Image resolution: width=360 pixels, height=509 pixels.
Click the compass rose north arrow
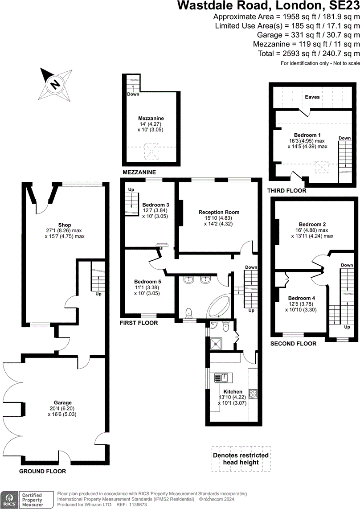click(55, 84)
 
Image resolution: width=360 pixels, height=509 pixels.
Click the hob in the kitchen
click(253, 394)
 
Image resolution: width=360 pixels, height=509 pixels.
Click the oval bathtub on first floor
click(219, 308)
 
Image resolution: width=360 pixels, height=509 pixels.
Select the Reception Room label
click(219, 212)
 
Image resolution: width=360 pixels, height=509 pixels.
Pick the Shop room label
click(65, 225)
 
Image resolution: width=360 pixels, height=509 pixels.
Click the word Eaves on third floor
click(312, 97)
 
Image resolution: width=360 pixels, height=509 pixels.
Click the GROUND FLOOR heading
click(43, 471)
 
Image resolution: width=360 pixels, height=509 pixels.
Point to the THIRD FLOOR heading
click(287, 190)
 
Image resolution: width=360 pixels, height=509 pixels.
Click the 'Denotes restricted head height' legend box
click(241, 459)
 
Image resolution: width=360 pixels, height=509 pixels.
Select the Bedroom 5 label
click(147, 282)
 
